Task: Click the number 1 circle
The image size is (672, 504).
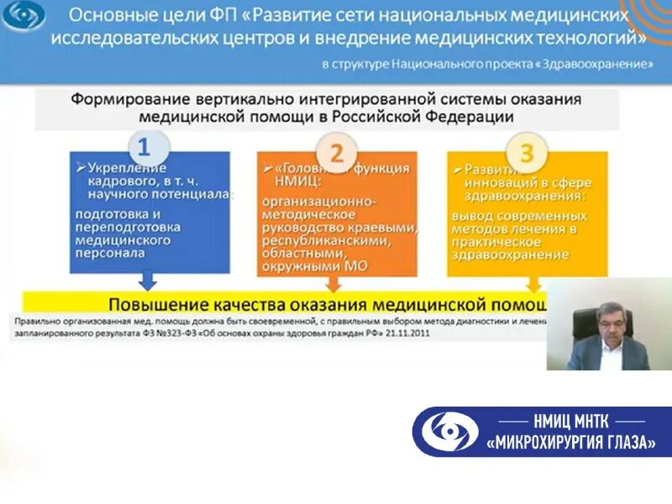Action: [144, 148]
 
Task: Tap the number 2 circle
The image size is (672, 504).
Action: [337, 153]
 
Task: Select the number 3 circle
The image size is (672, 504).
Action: [527, 153]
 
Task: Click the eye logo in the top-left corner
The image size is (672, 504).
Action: [23, 16]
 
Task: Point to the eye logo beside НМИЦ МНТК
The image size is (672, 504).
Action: [449, 432]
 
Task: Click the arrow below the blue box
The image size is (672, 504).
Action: [148, 280]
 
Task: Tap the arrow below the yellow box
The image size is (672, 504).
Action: [533, 283]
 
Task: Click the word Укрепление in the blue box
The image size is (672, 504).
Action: [118, 166]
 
